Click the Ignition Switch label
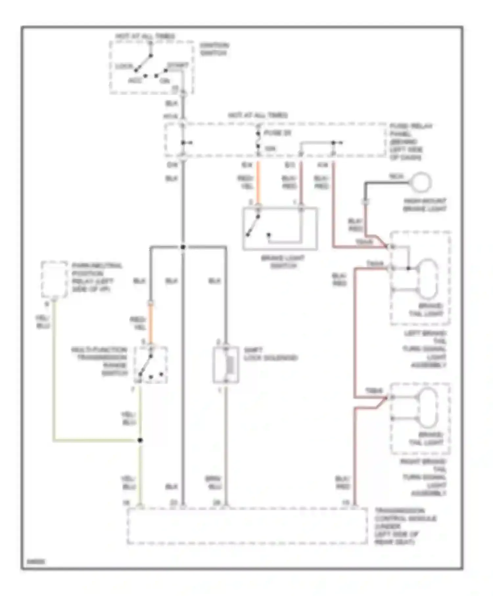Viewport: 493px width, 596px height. pyautogui.click(x=214, y=49)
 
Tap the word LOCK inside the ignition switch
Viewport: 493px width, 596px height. pyautogui.click(x=124, y=66)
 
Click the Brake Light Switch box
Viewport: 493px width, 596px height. pyautogui.click(x=280, y=229)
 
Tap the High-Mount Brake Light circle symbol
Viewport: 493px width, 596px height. pyautogui.click(x=421, y=182)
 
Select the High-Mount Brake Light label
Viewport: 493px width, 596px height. pyautogui.click(x=425, y=205)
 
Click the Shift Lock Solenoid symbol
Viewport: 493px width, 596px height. pyautogui.click(x=226, y=364)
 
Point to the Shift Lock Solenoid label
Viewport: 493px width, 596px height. pyautogui.click(x=270, y=354)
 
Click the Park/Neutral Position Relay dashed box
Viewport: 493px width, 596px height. pyautogui.click(x=54, y=279)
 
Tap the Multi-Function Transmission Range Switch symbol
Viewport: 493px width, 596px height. pyautogui.click(x=151, y=365)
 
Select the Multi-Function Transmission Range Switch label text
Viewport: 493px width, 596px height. pyautogui.click(x=100, y=361)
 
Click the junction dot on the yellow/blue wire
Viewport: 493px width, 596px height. pyautogui.click(x=140, y=440)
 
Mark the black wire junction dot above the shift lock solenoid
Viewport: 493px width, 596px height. pyautogui.click(x=183, y=247)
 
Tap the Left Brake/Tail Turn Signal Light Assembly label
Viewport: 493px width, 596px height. pyautogui.click(x=425, y=349)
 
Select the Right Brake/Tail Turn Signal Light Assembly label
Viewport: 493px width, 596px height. pyautogui.click(x=423, y=477)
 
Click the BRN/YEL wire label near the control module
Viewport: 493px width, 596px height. pyautogui.click(x=214, y=483)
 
